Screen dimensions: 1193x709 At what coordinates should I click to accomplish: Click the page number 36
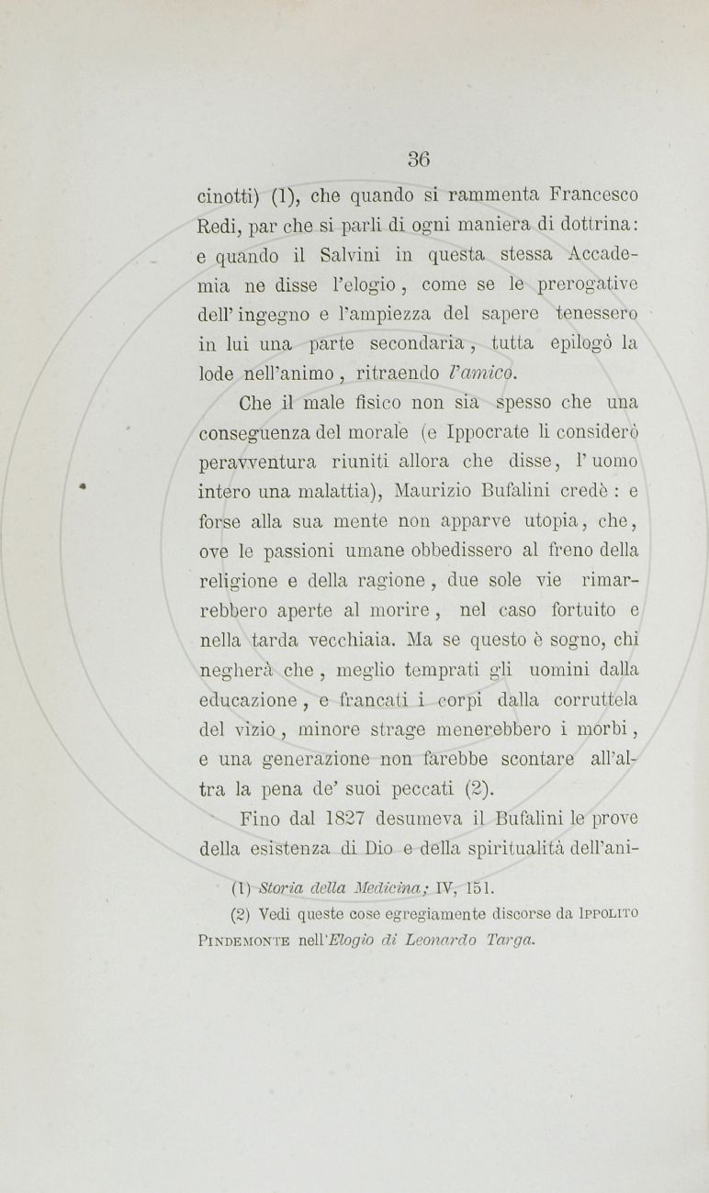pos(420,157)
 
